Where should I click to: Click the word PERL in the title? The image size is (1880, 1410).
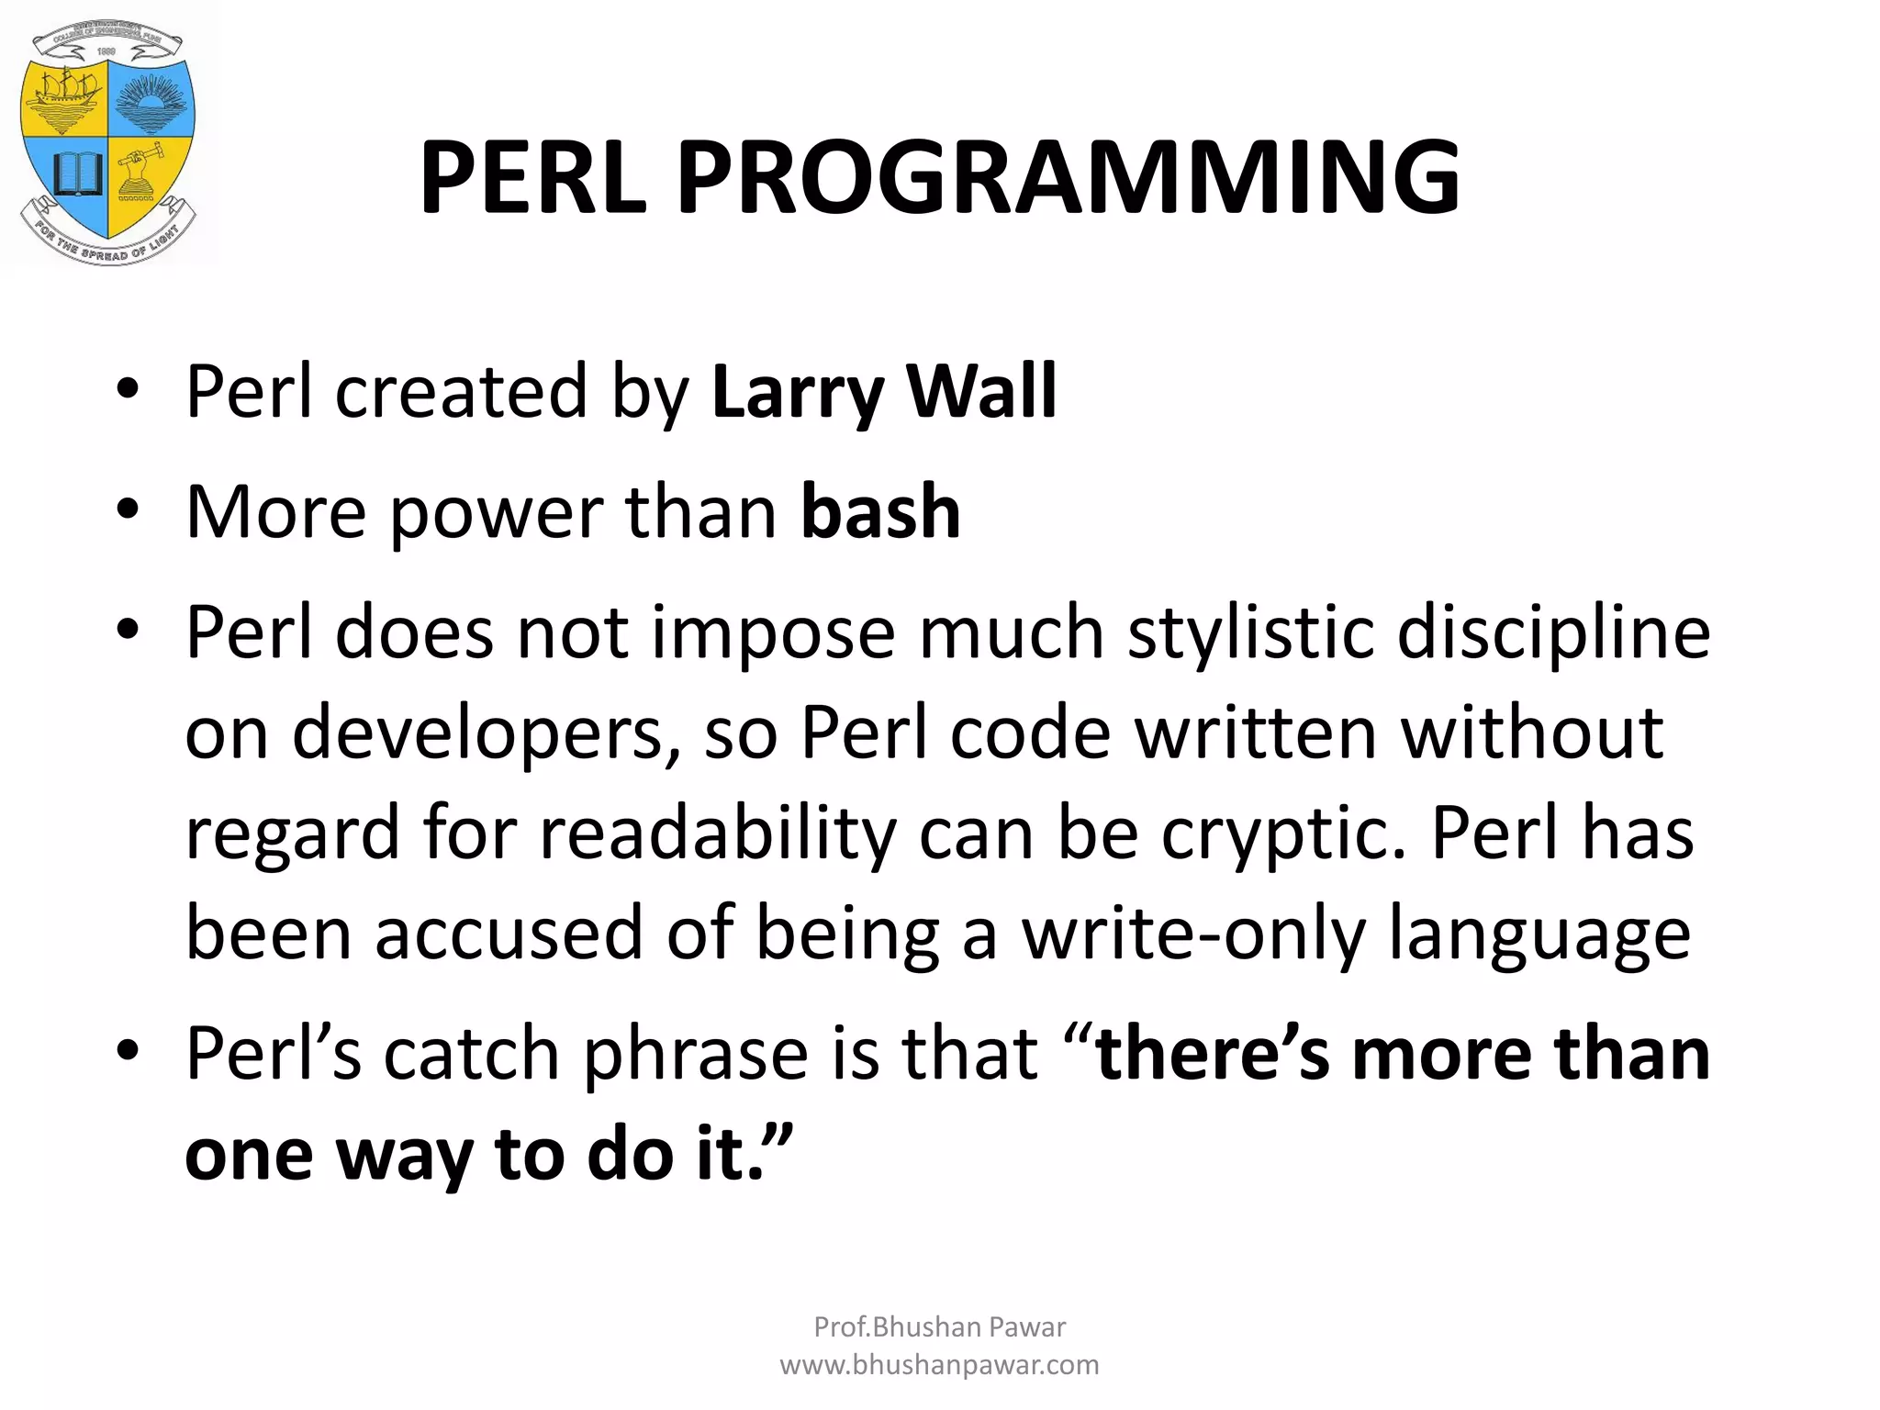pos(532,177)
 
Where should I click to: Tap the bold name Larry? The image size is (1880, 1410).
pos(795,393)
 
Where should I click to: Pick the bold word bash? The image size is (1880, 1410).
pos(879,511)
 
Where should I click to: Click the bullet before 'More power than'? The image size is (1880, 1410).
pos(128,509)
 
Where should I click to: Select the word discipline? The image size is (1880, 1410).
pos(1553,633)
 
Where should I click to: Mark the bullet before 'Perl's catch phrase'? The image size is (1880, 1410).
pos(128,1051)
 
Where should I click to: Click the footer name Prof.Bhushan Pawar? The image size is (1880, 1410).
pos(939,1326)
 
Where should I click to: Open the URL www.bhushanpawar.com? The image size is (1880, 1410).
pos(939,1365)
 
